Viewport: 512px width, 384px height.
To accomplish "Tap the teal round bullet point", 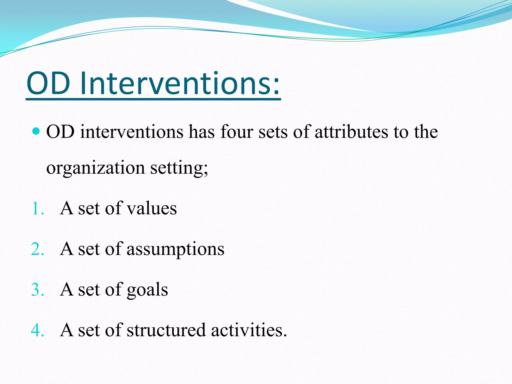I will click(36, 131).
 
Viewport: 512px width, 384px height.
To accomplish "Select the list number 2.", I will click(37, 249).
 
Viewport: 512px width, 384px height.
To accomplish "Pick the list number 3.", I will click(37, 290).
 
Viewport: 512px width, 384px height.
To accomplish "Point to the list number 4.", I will click(37, 330).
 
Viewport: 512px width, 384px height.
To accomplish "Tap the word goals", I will click(147, 290).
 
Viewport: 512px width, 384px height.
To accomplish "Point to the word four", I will click(236, 132).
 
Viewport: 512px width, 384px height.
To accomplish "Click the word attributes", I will click(351, 132).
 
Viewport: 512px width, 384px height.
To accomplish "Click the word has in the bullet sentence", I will click(201, 132).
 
